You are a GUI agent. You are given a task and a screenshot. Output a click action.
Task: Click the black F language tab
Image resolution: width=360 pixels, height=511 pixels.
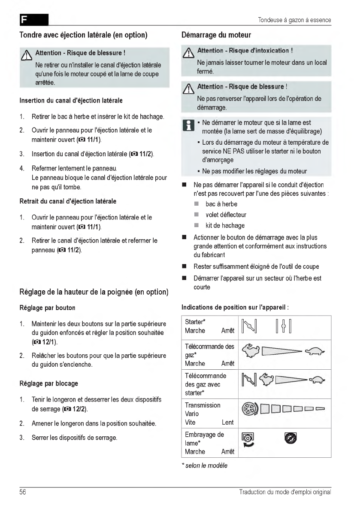(33, 20)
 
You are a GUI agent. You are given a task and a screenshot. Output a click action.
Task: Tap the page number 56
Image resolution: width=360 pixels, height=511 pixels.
(23, 492)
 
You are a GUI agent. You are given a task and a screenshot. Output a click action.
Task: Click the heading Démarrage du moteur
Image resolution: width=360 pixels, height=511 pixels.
(216, 35)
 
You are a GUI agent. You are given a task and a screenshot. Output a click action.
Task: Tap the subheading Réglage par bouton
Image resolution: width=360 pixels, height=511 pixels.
(47, 308)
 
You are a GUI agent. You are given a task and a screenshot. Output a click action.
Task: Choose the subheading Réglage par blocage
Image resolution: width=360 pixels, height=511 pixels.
(49, 383)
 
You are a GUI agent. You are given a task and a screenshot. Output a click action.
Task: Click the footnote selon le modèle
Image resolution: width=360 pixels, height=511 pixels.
(205, 465)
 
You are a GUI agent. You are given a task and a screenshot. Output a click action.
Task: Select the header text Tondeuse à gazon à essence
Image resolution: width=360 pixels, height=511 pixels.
(294, 20)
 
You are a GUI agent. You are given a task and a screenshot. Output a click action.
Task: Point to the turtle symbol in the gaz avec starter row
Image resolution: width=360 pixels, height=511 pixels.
(318, 380)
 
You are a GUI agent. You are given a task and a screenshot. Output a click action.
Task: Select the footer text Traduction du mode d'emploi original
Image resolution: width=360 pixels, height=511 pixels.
(285, 492)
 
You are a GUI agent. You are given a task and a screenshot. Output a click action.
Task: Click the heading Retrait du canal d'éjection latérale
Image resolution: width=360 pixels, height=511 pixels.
(68, 201)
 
